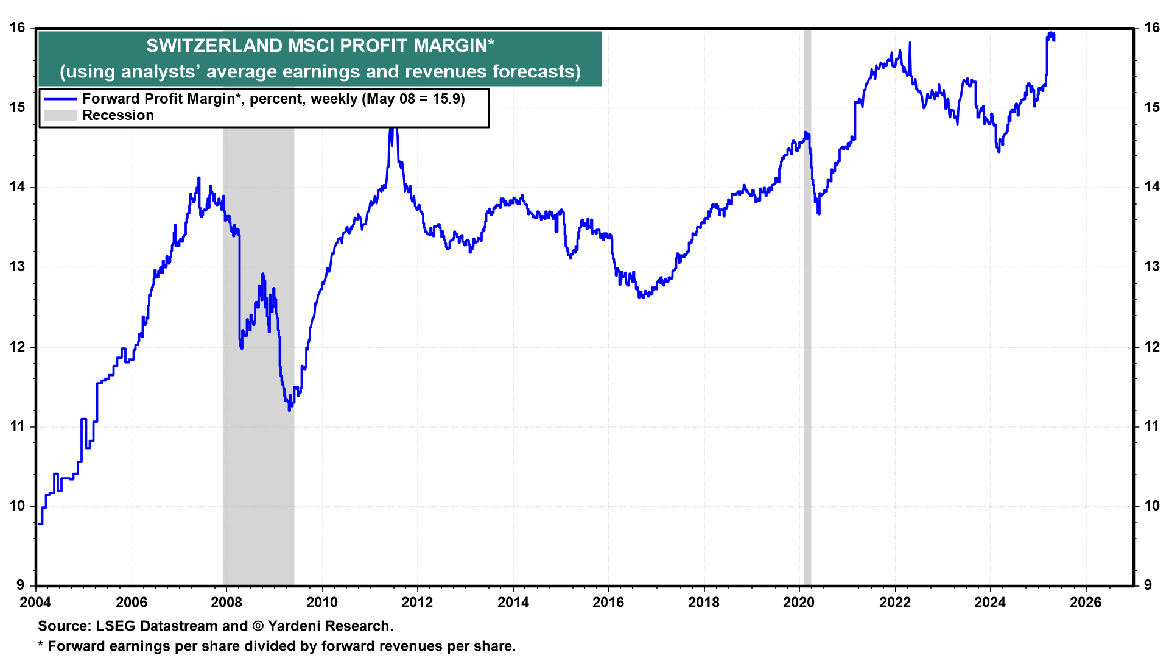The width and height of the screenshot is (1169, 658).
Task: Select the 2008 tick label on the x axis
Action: [226, 603]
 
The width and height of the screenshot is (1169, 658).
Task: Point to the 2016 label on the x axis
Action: [608, 603]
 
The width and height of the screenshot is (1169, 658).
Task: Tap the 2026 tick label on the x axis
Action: [1086, 603]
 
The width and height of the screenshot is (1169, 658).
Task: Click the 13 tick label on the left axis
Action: [17, 267]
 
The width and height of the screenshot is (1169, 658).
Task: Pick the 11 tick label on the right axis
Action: [1151, 426]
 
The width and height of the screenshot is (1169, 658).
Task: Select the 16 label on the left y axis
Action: [17, 28]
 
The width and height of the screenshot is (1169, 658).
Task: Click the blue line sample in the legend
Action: [60, 99]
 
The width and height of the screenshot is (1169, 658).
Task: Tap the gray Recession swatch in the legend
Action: [60, 116]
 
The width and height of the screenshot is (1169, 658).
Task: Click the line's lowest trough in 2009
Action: [289, 409]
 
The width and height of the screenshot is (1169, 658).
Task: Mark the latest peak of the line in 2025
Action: [1051, 34]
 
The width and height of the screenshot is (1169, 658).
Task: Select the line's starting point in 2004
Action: [39, 523]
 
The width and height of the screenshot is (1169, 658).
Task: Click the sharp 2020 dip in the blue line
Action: [818, 213]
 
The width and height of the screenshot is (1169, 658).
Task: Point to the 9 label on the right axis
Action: [1148, 585]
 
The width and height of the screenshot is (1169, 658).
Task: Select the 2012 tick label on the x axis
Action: [417, 603]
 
